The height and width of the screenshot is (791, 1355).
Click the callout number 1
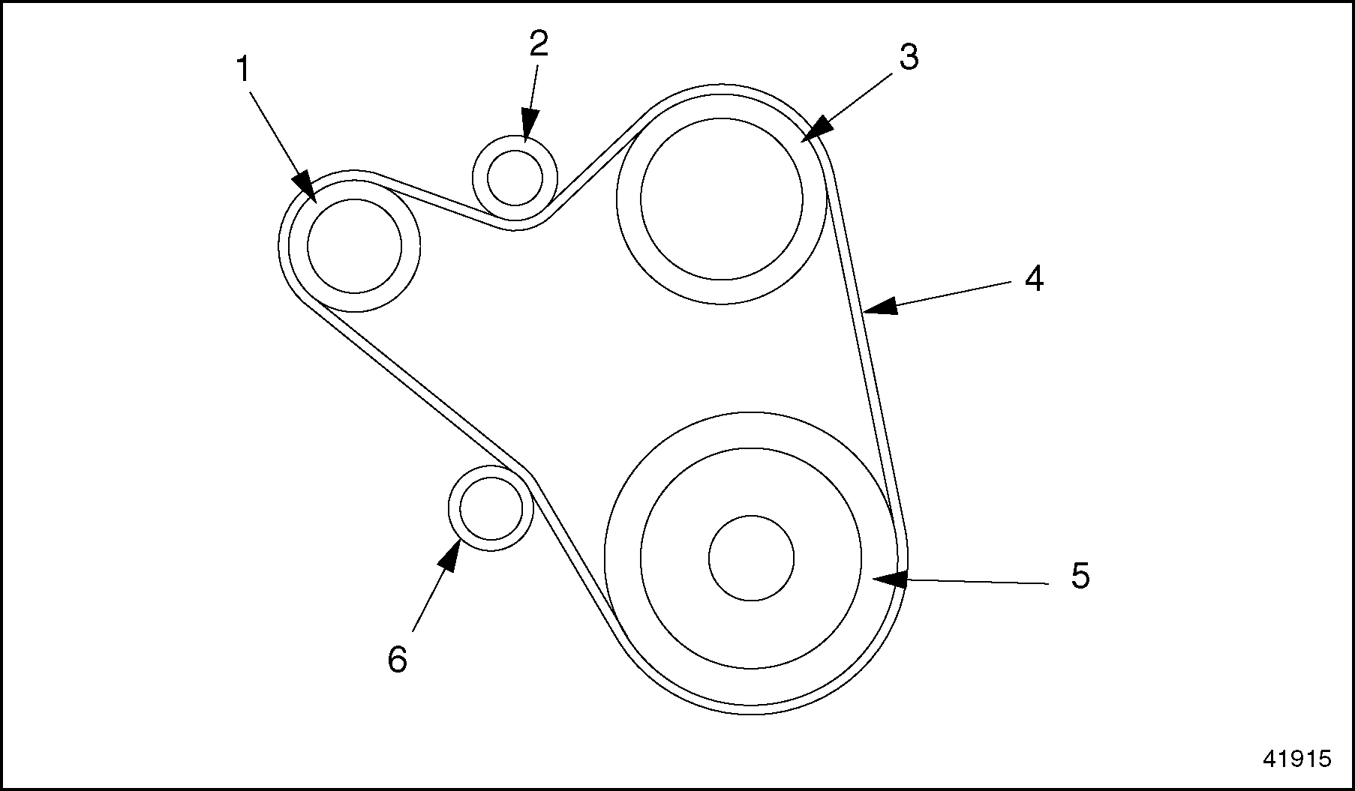[242, 70]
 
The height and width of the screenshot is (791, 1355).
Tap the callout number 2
[539, 44]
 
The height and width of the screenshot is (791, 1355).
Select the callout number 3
[909, 58]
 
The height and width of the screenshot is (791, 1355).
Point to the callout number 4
[1034, 280]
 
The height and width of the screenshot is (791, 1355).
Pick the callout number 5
[1080, 576]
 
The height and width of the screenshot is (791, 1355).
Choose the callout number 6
[397, 660]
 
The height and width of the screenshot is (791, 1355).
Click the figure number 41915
[1296, 759]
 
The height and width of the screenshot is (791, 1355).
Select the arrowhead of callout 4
[879, 306]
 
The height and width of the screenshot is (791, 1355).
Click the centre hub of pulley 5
[751, 558]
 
